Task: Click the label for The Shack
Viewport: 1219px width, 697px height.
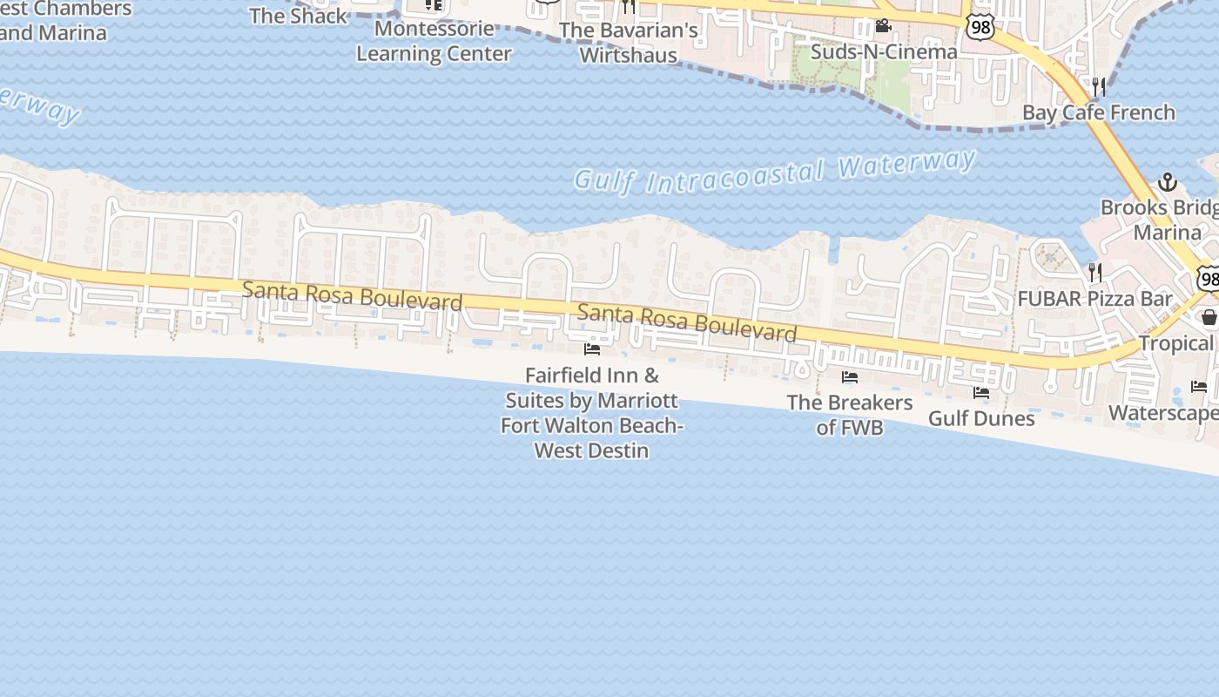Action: [x=298, y=16]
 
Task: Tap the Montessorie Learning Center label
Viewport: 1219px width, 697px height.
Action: [x=434, y=41]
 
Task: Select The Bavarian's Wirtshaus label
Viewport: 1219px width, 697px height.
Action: [x=629, y=43]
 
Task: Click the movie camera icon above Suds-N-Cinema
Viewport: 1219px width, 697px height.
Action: [x=883, y=25]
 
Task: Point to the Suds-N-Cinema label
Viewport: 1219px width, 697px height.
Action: [x=884, y=51]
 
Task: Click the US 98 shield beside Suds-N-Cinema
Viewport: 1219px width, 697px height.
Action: [x=980, y=27]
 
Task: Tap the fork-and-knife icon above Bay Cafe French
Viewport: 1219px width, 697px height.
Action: [x=1099, y=86]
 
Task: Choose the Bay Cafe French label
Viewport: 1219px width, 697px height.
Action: [x=1098, y=112]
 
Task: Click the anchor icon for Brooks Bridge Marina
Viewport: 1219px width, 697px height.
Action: [x=1167, y=182]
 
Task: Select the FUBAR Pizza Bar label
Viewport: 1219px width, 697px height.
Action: [x=1095, y=299]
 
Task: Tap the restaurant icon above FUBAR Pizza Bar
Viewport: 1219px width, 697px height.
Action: [x=1094, y=273]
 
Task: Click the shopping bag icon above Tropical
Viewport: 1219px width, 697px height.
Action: [x=1209, y=317]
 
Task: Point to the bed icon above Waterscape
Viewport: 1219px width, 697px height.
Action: [x=1199, y=386]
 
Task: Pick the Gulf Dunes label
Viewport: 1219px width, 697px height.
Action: [x=981, y=418]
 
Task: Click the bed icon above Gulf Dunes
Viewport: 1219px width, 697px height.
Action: [x=981, y=393]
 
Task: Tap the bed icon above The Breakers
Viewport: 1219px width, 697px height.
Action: [x=850, y=377]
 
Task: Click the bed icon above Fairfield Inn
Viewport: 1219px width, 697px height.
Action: [x=592, y=349]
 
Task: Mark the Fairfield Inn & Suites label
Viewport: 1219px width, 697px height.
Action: [x=592, y=413]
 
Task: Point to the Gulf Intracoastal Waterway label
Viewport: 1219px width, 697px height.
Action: [x=775, y=172]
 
